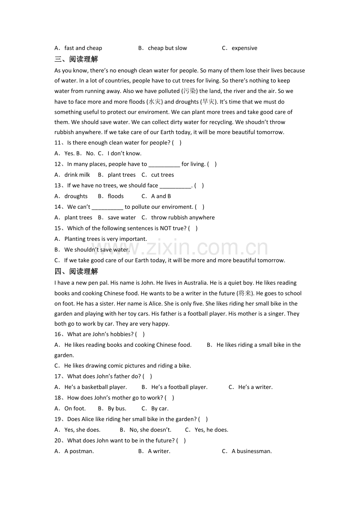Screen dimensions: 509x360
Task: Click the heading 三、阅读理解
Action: click(76, 59)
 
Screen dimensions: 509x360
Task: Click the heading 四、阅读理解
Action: click(76, 272)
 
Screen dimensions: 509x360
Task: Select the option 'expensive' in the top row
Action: click(244, 48)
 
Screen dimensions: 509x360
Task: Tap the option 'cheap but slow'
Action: click(167, 48)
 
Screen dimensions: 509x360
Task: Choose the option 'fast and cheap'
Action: click(83, 48)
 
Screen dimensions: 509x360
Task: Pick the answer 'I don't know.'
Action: click(124, 153)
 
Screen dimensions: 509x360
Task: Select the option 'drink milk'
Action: click(77, 175)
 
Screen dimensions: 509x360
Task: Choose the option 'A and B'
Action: click(161, 196)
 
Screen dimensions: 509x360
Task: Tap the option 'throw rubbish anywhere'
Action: click(183, 217)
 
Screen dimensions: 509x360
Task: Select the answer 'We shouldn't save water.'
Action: click(97, 249)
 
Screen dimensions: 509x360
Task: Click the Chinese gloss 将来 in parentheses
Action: click(245, 293)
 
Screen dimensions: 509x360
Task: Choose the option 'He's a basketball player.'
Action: click(95, 387)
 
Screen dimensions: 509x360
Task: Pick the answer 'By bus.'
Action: click(117, 409)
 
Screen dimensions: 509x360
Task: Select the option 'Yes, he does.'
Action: click(211, 430)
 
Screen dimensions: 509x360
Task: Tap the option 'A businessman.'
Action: click(252, 451)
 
